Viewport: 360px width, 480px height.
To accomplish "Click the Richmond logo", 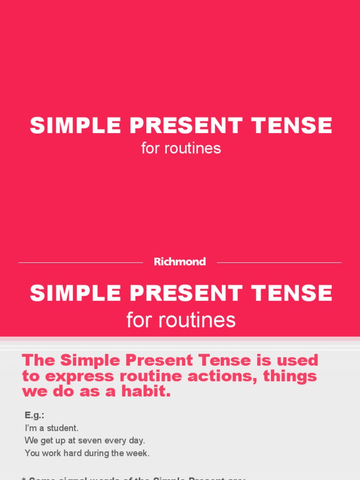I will click(x=180, y=262).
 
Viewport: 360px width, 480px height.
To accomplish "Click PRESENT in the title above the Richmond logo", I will click(x=186, y=126).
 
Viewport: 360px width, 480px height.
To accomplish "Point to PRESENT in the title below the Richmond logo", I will click(x=186, y=293).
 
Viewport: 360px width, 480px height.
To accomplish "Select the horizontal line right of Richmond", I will click(x=279, y=262).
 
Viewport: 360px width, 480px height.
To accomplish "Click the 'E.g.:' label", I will click(x=34, y=415).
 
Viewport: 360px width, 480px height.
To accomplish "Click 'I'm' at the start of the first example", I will click(x=30, y=428).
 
